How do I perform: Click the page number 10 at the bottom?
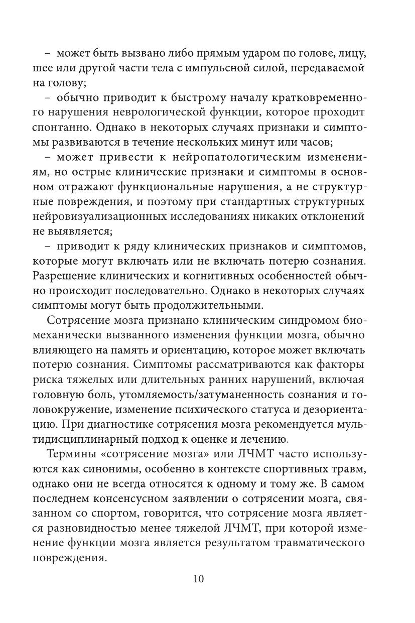(x=198, y=579)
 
